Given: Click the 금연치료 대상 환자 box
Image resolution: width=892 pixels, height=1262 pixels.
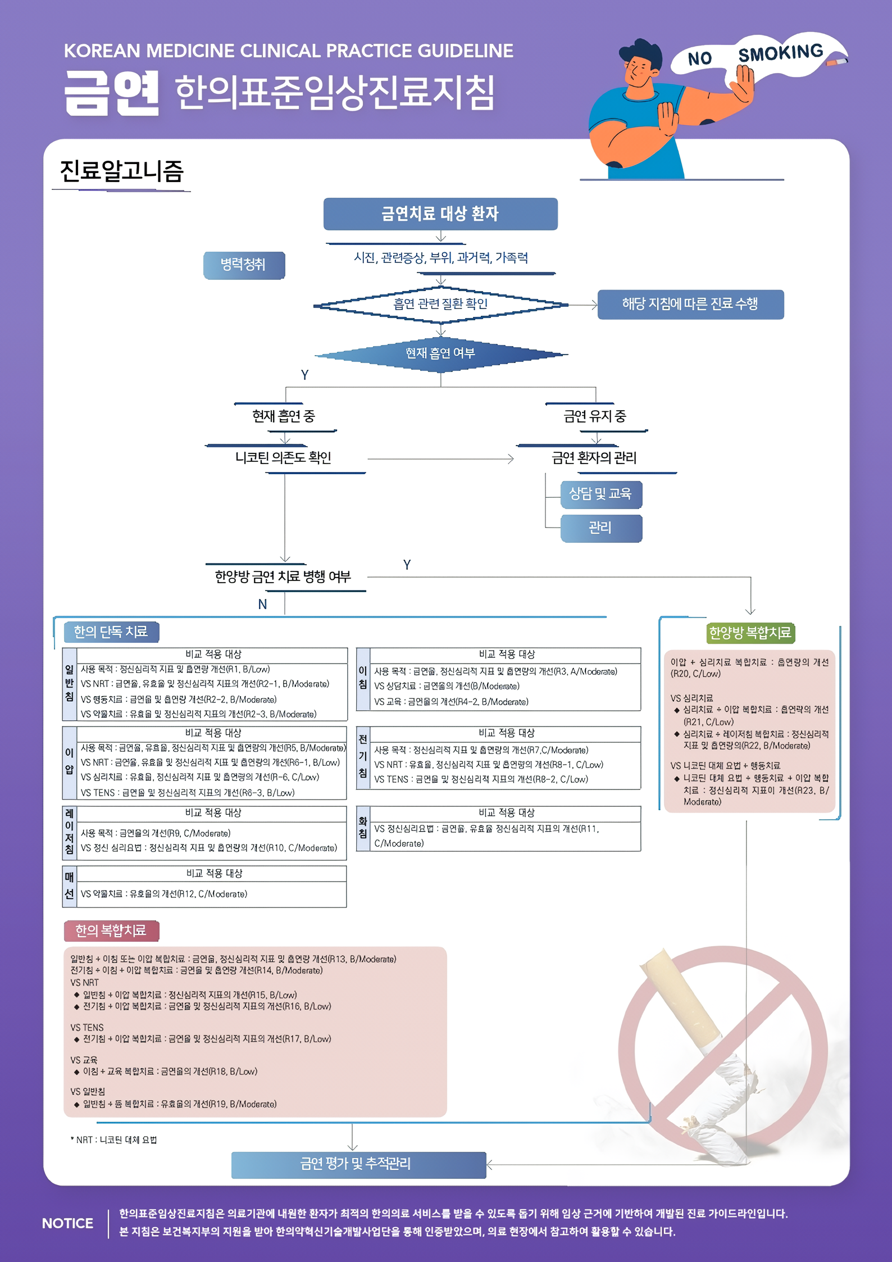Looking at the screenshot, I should coord(440,214).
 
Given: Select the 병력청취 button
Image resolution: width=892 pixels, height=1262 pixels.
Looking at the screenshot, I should coord(244,265).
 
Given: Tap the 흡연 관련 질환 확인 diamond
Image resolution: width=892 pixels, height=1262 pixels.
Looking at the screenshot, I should coord(440,305).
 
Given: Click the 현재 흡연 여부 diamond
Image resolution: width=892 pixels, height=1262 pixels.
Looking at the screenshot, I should coord(440,354).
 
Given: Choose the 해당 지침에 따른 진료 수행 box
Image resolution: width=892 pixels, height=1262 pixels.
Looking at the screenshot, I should coord(690,305).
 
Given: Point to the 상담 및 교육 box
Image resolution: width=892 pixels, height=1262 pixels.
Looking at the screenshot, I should coord(601,494).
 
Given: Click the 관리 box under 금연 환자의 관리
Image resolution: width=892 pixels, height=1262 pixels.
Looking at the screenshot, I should coord(601,528).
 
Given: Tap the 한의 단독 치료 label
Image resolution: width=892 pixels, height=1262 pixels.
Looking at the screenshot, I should coord(111,632).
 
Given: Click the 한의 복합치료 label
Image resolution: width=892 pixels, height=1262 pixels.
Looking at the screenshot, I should coord(111,931).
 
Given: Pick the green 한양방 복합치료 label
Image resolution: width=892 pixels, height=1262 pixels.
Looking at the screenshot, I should coord(750,633).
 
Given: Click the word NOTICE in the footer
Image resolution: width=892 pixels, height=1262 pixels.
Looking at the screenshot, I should coord(67,1223).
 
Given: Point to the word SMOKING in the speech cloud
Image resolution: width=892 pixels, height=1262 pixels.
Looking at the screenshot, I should coord(780,53).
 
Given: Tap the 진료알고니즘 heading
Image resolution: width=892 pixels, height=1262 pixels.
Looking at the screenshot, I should coord(121,171).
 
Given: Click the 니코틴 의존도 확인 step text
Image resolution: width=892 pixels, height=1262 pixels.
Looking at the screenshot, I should coord(283,458).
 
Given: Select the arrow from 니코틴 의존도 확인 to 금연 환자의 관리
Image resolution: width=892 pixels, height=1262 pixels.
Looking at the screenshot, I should coord(440,459).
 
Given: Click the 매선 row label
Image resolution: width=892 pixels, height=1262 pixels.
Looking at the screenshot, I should coord(69,886).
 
